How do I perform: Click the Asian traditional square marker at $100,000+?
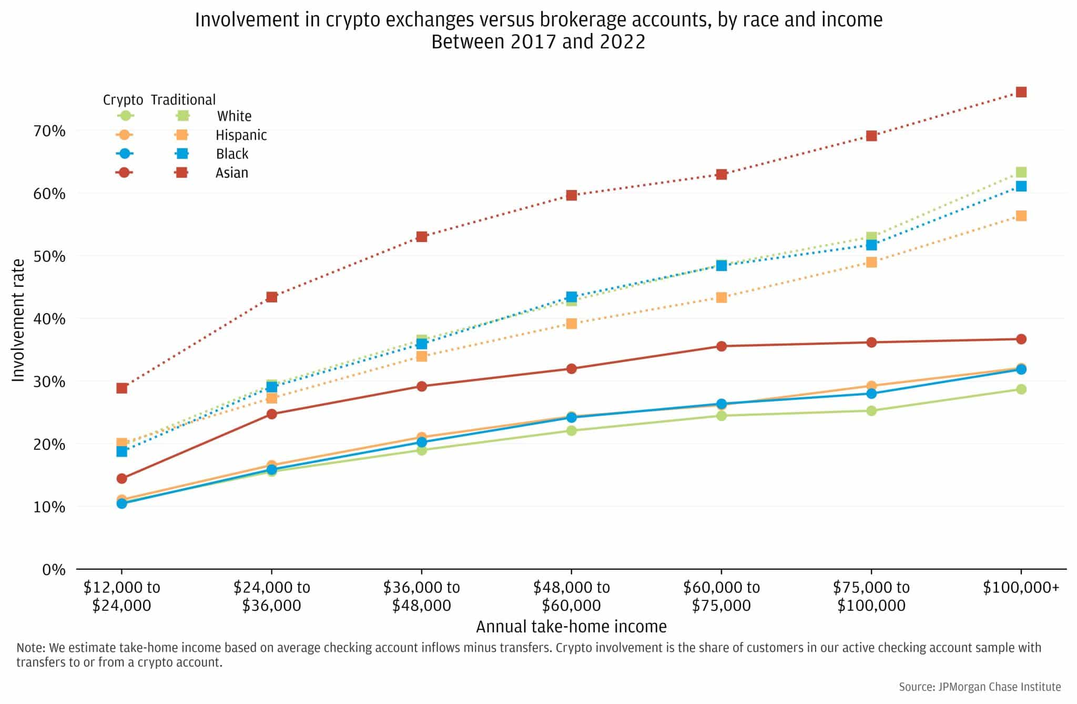coord(1021,92)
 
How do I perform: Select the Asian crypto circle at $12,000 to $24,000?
coord(121,478)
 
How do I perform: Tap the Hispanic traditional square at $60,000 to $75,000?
coord(721,297)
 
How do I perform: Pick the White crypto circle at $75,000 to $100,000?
coord(871,410)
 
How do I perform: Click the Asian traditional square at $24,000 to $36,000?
coord(271,297)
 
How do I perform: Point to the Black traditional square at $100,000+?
coord(1021,186)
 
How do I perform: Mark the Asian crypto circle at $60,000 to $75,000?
coord(721,346)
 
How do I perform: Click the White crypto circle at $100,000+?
coord(1021,389)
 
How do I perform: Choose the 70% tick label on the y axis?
coord(50,130)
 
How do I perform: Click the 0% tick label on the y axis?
coord(54,569)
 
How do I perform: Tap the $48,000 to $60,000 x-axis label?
coord(571,596)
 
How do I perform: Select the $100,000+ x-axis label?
coord(1021,587)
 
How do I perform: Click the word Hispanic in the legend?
coord(241,135)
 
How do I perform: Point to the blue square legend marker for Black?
coord(182,154)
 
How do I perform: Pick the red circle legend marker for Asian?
coord(124,173)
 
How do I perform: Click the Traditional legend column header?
coord(183,99)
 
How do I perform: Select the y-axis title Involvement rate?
coord(18,320)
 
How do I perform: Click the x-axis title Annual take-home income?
coord(571,627)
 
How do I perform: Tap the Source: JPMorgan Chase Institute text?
coord(979,687)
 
